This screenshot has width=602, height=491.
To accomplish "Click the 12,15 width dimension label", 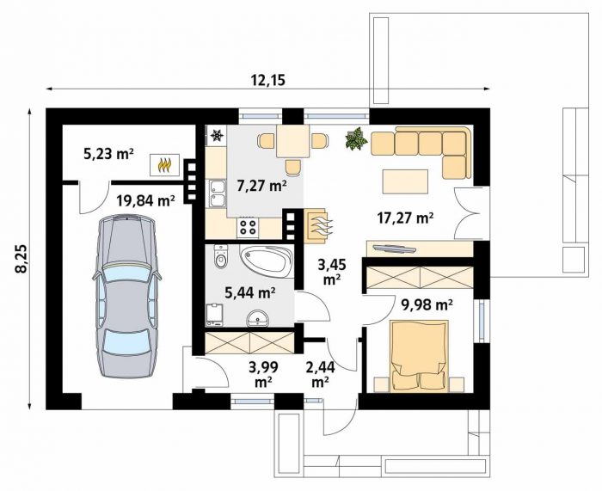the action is (268, 81).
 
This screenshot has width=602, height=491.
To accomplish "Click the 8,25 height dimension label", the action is (21, 258).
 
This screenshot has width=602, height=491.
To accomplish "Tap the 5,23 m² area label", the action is (108, 154).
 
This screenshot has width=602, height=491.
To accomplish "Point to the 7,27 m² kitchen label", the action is (261, 186).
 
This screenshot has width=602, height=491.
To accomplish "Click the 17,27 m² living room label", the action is (405, 218).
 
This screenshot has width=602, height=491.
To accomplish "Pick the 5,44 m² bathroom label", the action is (250, 293).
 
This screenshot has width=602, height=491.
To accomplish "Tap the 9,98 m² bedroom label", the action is (427, 304).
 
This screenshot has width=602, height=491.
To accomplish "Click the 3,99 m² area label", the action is (263, 374).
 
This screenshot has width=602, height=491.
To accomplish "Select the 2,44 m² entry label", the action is (321, 374).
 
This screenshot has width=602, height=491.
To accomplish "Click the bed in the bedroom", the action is (420, 356).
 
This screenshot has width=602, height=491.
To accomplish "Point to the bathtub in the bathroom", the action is (266, 261).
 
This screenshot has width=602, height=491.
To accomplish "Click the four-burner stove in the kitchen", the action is (248, 227).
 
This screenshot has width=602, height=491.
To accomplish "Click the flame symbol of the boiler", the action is (164, 165).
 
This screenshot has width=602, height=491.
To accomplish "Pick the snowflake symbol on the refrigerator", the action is (218, 135).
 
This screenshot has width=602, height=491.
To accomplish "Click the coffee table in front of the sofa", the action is (405, 181).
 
